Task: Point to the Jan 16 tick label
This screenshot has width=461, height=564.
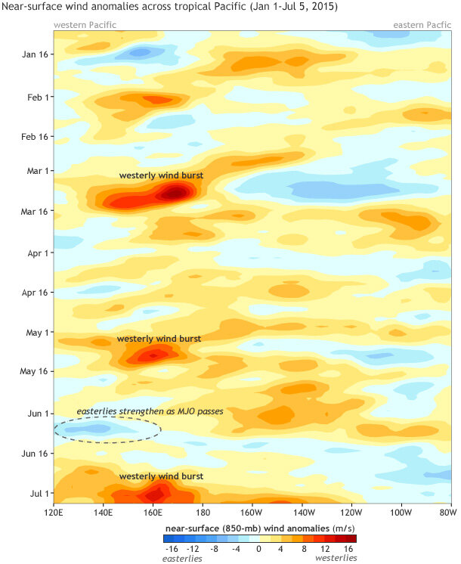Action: pyautogui.click(x=35, y=54)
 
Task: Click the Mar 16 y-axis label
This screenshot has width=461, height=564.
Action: pyautogui.click(x=34, y=211)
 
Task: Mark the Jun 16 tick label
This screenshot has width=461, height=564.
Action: pyautogui.click(x=35, y=454)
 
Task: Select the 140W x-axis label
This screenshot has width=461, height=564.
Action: pyautogui.click(x=302, y=513)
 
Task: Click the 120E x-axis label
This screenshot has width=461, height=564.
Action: pyautogui.click(x=54, y=513)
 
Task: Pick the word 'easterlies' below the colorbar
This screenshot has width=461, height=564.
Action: pyautogui.click(x=182, y=559)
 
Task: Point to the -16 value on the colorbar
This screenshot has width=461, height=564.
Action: pyautogui.click(x=172, y=549)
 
